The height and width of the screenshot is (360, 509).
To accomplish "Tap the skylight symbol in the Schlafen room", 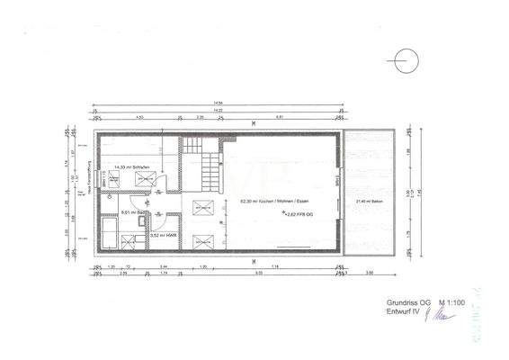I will (x=144, y=179).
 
